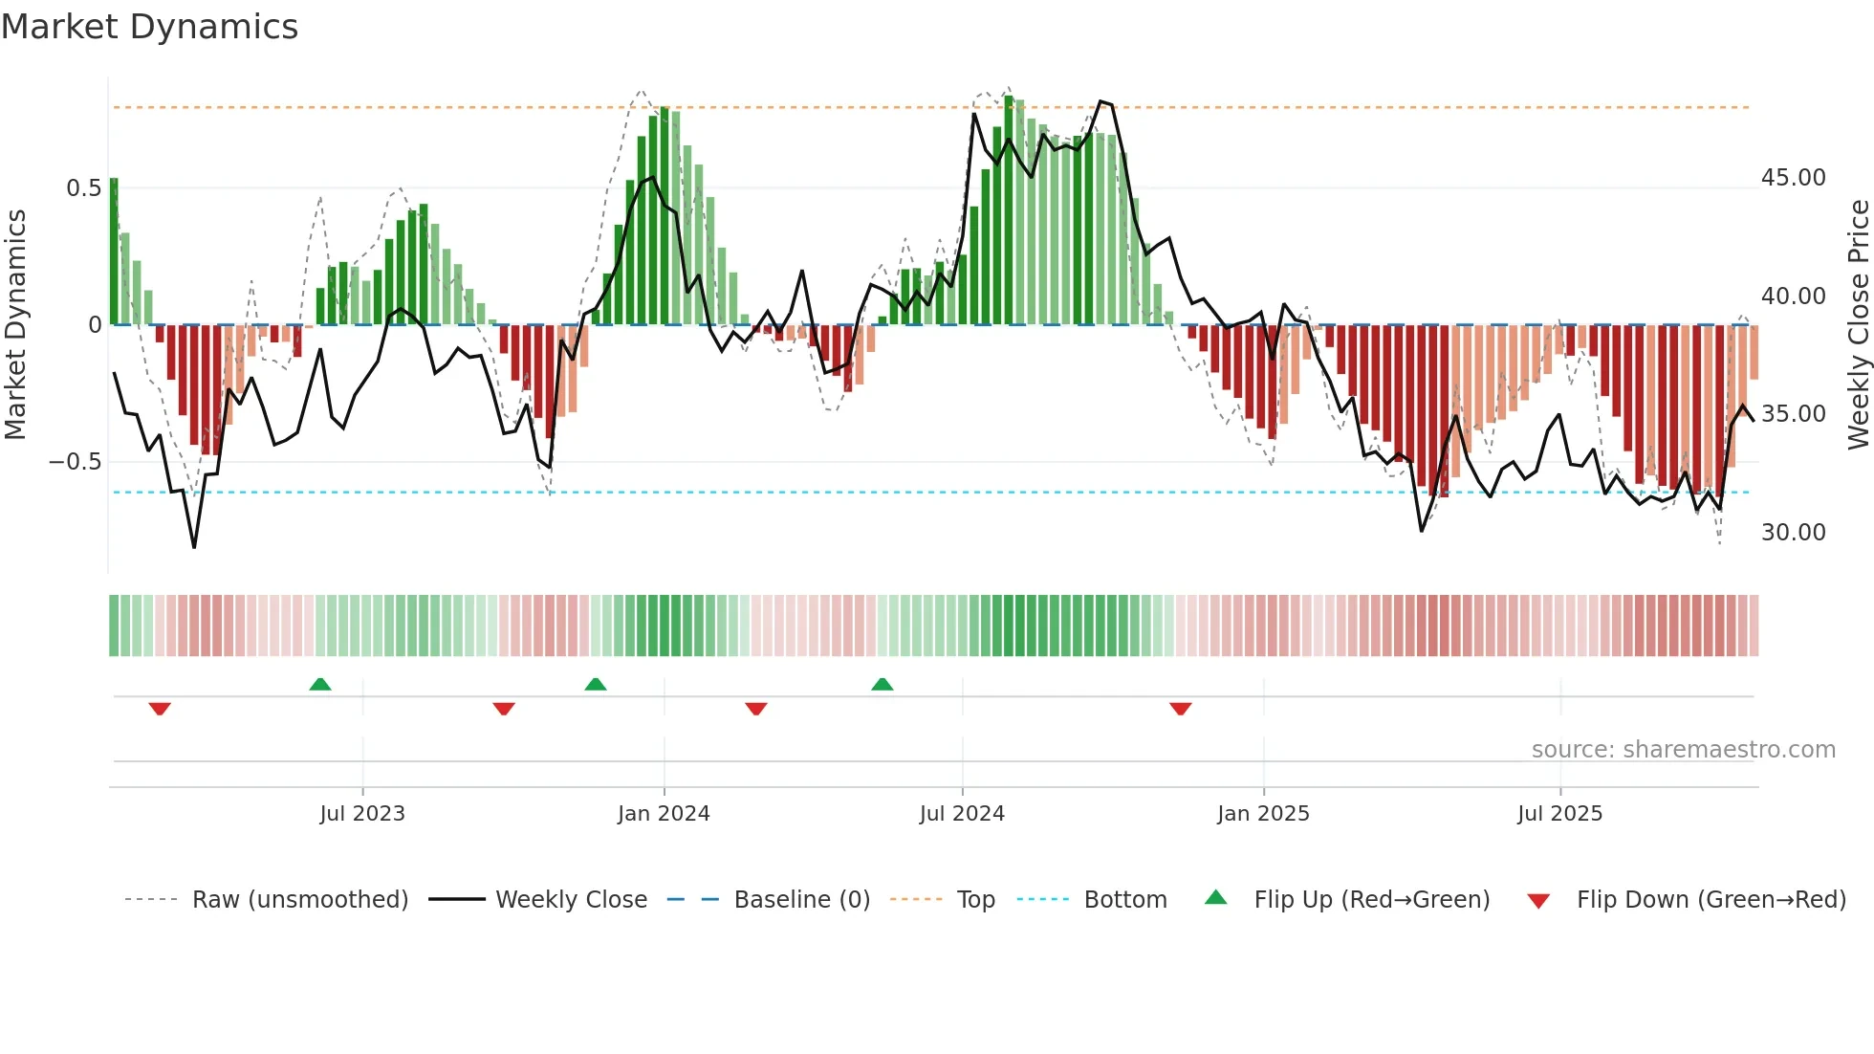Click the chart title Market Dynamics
coord(150,27)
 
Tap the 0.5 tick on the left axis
coord(83,188)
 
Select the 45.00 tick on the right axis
coord(1793,178)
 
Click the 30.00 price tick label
coord(1793,533)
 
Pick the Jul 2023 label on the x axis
coord(362,814)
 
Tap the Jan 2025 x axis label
coord(1263,814)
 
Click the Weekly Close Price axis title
coord(1858,325)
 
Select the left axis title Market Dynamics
coord(15,325)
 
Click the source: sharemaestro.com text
coord(1683,750)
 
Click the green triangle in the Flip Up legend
coord(1215,897)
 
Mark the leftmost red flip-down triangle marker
coord(160,709)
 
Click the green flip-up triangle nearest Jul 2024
coord(883,684)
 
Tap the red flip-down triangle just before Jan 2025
coord(1181,709)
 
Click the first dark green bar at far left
coord(114,252)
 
